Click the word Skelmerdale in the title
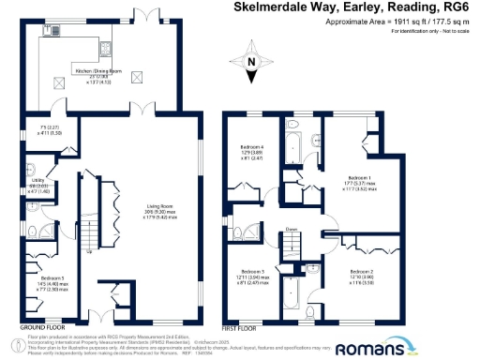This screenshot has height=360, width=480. pos(267,7)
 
